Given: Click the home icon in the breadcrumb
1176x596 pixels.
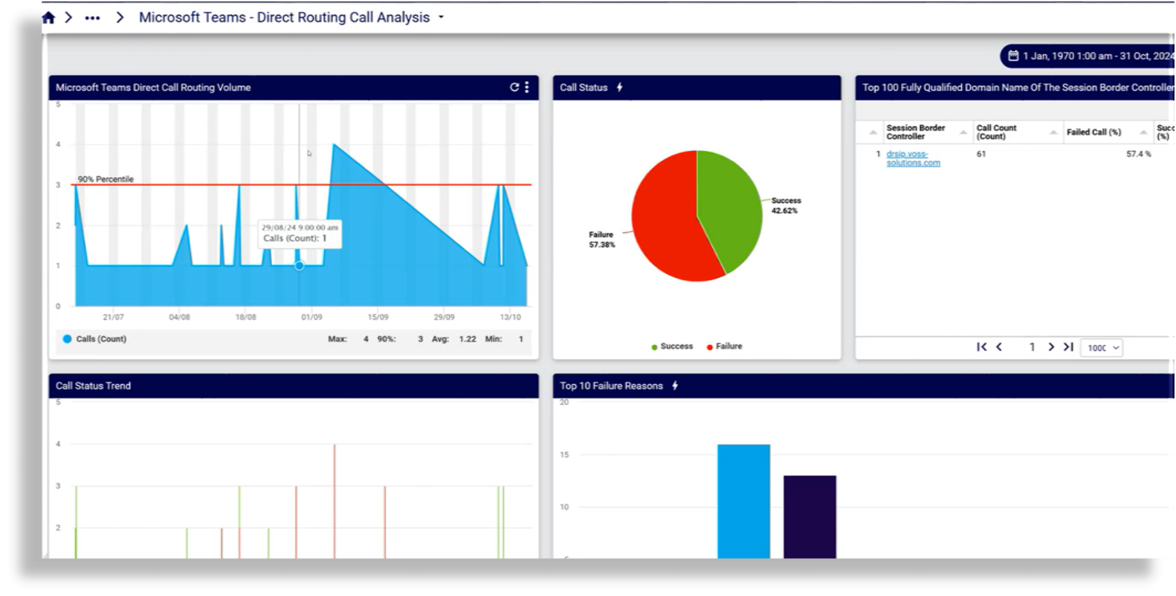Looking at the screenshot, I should pos(48,18).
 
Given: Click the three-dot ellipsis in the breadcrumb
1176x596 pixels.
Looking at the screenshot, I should pos(92,18).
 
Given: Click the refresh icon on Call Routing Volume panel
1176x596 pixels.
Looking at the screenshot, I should pos(514,88).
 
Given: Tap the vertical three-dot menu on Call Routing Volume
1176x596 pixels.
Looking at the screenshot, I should pos(527,88).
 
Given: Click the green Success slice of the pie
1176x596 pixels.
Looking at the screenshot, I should pos(728,201).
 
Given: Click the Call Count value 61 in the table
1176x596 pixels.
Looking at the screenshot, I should pos(981,154).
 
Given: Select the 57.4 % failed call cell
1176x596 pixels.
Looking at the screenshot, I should pos(1138,154).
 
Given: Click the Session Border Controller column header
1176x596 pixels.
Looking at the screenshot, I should pos(916,132).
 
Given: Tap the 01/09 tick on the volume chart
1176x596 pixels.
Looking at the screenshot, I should pos(311,317).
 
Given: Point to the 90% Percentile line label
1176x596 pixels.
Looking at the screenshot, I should pos(106,179).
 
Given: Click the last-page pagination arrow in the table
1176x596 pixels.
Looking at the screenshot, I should pos(1068,347).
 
